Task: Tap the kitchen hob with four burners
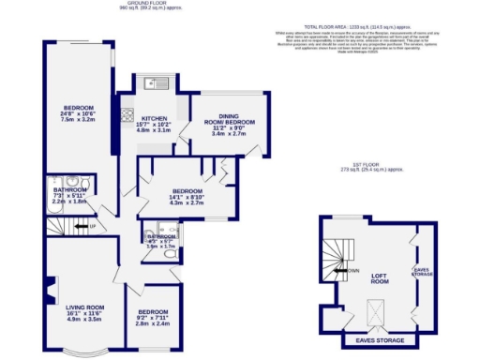click(127, 117)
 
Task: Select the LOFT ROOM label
click(379, 278)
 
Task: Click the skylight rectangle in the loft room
click(376, 309)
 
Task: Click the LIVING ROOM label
click(82, 307)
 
